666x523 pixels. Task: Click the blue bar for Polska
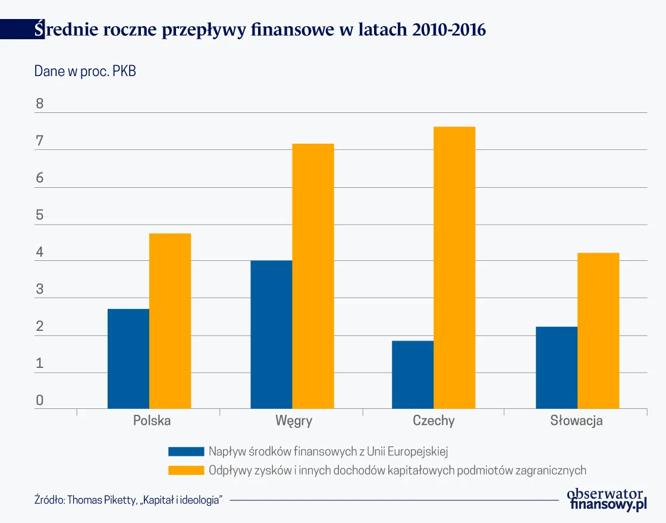click(x=128, y=358)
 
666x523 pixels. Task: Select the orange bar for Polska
click(x=170, y=321)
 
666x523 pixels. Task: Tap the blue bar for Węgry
click(x=271, y=335)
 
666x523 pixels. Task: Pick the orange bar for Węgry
click(x=313, y=276)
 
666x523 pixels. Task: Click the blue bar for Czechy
click(x=413, y=374)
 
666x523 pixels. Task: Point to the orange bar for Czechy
click(x=455, y=267)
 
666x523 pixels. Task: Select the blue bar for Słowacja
click(x=556, y=367)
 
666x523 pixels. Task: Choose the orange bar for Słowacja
click(x=598, y=330)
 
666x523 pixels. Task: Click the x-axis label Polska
click(x=152, y=421)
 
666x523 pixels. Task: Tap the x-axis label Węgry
click(x=294, y=421)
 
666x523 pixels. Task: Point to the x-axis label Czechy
click(x=433, y=421)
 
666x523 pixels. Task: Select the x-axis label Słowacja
click(x=576, y=421)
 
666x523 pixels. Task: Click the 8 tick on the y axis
click(x=40, y=105)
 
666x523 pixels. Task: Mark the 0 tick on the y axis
click(x=40, y=401)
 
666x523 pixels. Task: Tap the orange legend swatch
click(x=186, y=470)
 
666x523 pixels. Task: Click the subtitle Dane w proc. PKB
click(x=85, y=72)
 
